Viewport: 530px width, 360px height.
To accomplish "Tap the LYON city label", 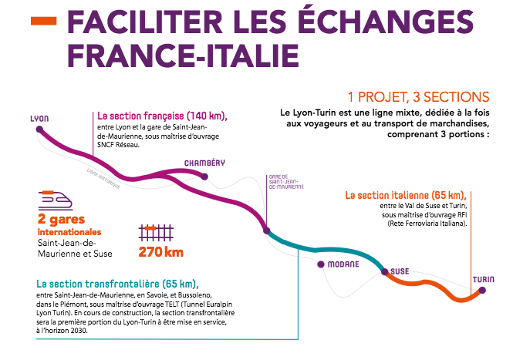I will coord(39,119).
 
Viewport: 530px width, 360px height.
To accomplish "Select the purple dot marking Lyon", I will coord(39,130).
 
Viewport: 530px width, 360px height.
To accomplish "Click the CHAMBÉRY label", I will coord(204,163).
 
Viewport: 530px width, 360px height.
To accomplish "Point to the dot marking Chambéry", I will coord(204,176).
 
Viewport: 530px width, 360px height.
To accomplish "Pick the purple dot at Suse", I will coord(383,271).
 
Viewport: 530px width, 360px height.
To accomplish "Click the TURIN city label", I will coord(483,278).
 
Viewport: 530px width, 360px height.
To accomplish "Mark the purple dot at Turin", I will coord(482,291).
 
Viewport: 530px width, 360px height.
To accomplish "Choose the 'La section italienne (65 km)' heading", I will coord(406,194).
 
